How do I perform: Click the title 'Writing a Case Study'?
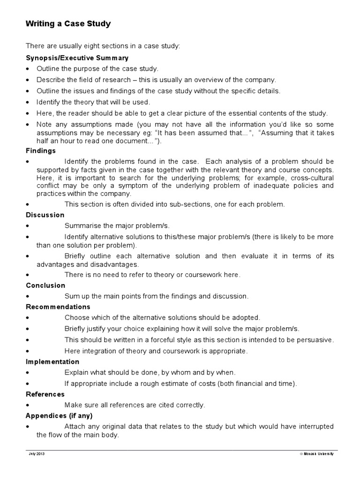pyautogui.click(x=68, y=24)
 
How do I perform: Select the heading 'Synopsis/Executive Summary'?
pyautogui.click(x=76, y=58)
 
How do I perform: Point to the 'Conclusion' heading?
pyautogui.click(x=45, y=285)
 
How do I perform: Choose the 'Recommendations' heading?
pyautogui.click(x=58, y=307)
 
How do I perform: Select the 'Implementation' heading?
pyautogui.click(x=52, y=362)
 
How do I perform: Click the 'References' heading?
pyautogui.click(x=45, y=394)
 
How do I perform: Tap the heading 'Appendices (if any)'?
pyautogui.click(x=59, y=416)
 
